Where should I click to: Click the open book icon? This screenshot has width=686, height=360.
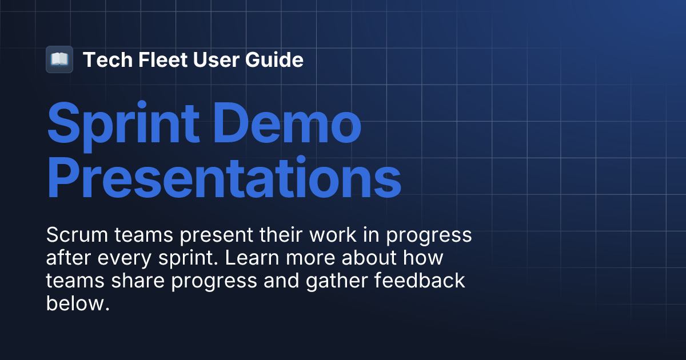coord(59,59)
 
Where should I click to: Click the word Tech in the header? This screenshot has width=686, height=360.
coord(107,59)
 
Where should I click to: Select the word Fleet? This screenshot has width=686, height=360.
coord(162,59)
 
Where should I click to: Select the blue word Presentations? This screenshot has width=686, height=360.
coord(224,177)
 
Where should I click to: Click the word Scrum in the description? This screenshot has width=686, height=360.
coord(77,235)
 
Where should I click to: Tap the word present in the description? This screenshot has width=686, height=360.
coord(216,235)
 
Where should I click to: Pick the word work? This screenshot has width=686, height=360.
coord(333,235)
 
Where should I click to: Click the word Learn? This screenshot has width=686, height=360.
coord(252,258)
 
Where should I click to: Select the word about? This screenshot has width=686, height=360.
coord(369,258)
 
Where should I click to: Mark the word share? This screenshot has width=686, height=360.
coord(138,281)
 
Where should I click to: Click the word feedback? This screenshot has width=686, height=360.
coord(420,281)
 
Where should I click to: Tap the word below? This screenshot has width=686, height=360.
coord(78,303)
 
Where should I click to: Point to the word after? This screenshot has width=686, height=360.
coord(69,258)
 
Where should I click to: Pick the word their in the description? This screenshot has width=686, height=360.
coord(281,235)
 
